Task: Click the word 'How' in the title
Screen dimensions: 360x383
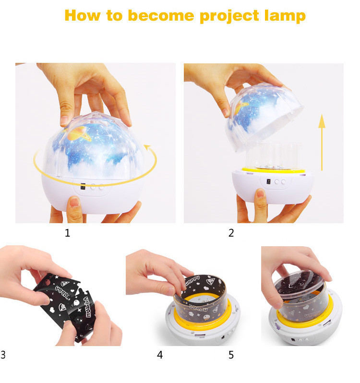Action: tap(82, 16)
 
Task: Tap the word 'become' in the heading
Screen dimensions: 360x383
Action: tap(161, 16)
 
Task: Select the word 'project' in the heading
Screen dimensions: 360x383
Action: tap(229, 16)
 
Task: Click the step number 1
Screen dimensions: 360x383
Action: tap(67, 233)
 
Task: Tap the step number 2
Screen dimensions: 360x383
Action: tap(231, 233)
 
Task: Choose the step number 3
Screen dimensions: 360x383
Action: tap(3, 355)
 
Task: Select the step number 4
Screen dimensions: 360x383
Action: tap(160, 355)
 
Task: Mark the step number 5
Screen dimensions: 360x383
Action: tap(231, 355)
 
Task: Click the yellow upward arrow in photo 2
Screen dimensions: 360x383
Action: tap(322, 142)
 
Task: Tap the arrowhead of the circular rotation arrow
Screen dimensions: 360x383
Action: tap(147, 147)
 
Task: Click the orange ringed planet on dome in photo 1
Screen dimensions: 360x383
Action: tap(78, 134)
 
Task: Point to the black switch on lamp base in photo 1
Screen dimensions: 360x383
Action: tap(83, 186)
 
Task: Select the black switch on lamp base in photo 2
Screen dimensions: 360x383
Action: tap(269, 182)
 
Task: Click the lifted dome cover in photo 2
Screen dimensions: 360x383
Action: tap(265, 116)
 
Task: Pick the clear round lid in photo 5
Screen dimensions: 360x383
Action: tap(300, 283)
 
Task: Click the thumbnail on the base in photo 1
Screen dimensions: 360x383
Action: tap(74, 202)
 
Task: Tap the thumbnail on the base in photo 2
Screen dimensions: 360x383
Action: tap(260, 193)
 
